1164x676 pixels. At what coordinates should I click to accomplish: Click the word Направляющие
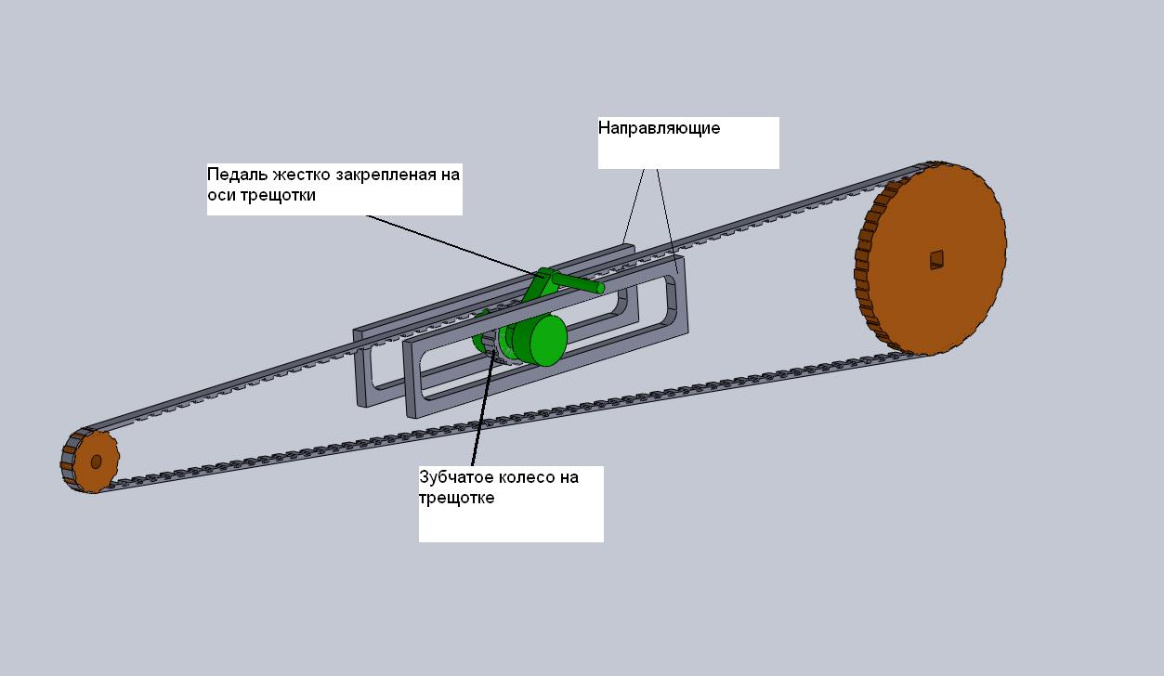(x=659, y=128)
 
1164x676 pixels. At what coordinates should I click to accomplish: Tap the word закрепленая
(x=388, y=175)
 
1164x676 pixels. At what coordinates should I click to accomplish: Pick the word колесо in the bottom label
(x=527, y=477)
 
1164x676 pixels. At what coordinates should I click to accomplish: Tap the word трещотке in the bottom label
(x=457, y=499)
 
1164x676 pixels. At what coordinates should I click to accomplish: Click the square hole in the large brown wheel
(x=936, y=259)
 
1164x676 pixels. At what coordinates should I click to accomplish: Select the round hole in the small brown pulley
(x=96, y=461)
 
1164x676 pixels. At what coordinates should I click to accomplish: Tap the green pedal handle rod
(x=578, y=282)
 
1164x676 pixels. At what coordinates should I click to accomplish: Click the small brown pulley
(x=90, y=461)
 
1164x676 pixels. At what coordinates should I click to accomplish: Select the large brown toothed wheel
(x=931, y=258)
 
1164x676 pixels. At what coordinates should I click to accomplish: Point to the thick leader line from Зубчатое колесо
(x=483, y=408)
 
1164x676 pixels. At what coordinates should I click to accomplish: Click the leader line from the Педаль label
(x=454, y=247)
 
